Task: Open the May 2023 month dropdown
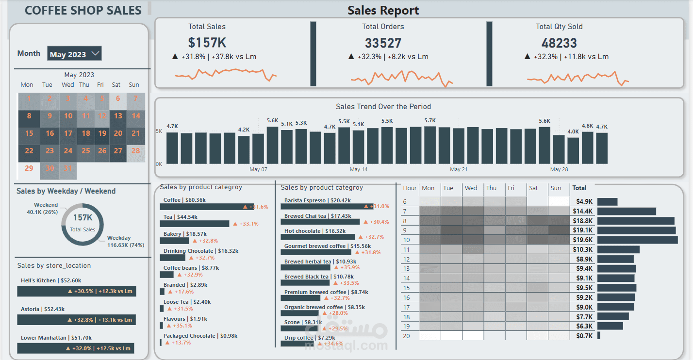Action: point(74,54)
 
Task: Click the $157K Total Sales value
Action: point(207,43)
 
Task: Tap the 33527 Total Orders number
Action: point(383,43)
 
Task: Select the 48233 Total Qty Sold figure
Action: point(559,43)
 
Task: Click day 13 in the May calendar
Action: point(118,116)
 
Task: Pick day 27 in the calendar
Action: point(118,151)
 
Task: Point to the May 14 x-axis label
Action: point(359,169)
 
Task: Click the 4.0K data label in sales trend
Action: point(573,131)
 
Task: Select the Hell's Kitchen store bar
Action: point(77,291)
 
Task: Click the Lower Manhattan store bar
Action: point(76,348)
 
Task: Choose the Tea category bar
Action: point(195,224)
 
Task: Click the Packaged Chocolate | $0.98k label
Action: point(200,336)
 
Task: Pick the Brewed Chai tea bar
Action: point(320,222)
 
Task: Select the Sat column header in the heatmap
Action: point(534,188)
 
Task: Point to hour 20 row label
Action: point(406,336)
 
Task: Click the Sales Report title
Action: point(383,10)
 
